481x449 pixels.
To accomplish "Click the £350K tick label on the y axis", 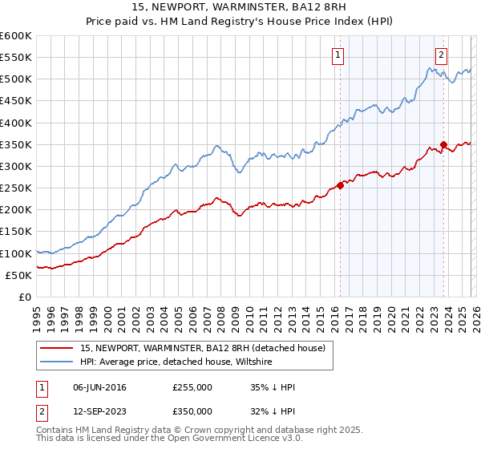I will tap(15, 144).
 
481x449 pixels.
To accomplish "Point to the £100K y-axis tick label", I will tap(15, 253).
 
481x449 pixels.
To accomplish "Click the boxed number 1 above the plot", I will tap(338, 55).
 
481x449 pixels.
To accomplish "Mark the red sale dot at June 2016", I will tap(340, 185).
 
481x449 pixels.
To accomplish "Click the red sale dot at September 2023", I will tap(443, 144).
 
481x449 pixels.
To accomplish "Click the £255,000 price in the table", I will tap(192, 387).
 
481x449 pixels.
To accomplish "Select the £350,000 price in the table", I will tap(192, 411).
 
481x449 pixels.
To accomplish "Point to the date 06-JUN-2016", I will tap(99, 387).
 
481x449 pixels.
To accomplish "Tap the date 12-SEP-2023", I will tap(99, 411).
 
